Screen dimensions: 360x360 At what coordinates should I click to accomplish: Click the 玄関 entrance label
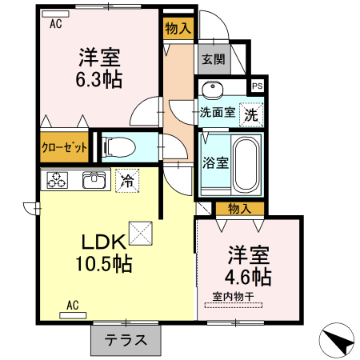click(212, 58)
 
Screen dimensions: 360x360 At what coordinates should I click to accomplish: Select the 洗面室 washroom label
click(217, 113)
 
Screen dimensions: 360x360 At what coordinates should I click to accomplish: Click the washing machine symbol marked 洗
click(251, 114)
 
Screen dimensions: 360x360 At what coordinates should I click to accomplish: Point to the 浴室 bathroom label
click(214, 162)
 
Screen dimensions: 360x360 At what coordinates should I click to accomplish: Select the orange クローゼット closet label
click(65, 147)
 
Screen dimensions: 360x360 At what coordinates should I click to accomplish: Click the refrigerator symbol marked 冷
click(126, 181)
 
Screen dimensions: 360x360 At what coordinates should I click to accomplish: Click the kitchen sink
click(94, 180)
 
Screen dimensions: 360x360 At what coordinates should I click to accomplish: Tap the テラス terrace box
click(125, 339)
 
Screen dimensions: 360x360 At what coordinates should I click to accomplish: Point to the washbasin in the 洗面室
click(213, 89)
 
